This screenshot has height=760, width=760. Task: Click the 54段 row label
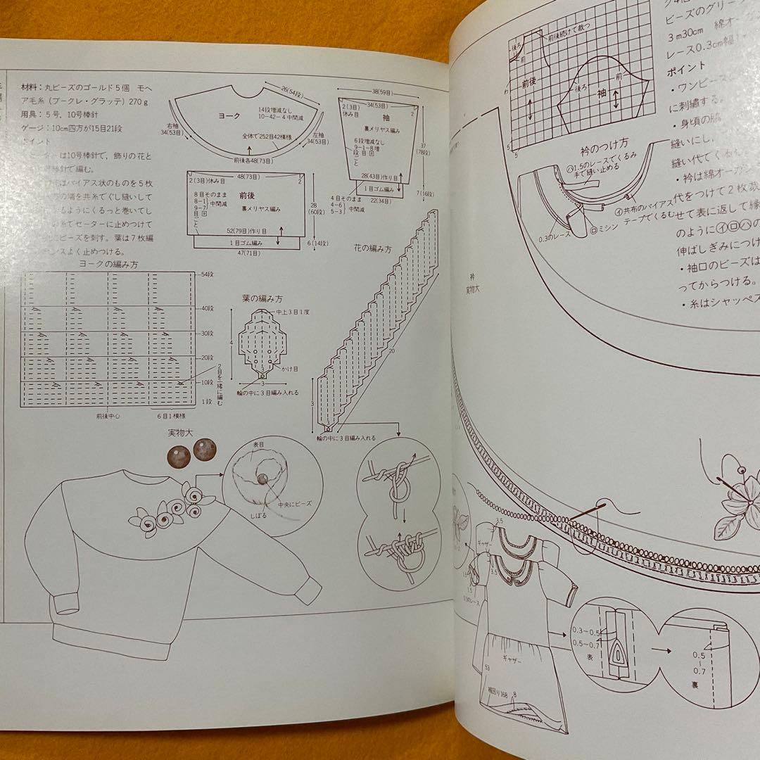coord(208,274)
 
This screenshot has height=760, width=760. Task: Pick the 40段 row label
coord(208,308)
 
